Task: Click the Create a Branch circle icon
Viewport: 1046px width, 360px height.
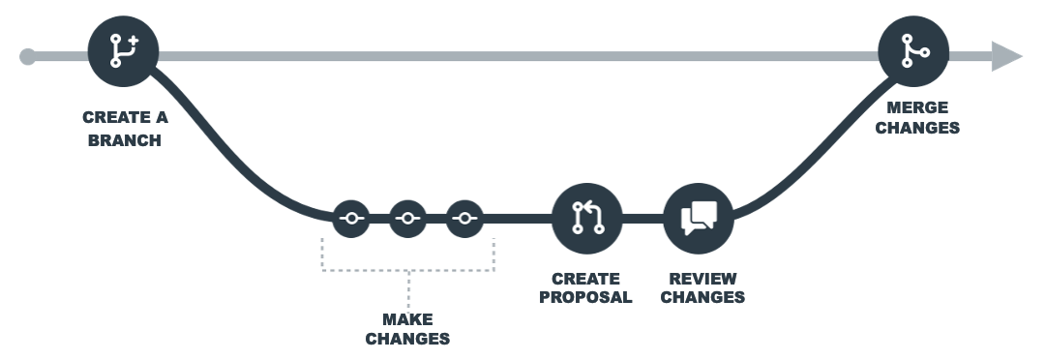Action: point(123,50)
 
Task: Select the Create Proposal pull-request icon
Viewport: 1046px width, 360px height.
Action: point(587,218)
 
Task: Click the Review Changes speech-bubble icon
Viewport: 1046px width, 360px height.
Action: point(699,218)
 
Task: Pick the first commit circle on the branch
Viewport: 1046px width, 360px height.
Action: point(351,219)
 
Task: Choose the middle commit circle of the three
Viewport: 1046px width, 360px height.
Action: point(408,219)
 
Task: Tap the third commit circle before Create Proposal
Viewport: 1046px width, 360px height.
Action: point(465,219)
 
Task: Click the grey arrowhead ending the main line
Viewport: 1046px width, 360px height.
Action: point(1007,56)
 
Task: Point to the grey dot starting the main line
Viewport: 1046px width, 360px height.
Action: point(28,56)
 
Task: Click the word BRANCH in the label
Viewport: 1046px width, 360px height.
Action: point(124,140)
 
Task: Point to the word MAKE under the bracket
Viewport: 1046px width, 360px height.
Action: point(407,319)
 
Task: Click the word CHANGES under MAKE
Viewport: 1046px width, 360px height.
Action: point(407,339)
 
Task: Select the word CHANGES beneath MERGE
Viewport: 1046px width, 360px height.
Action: point(917,127)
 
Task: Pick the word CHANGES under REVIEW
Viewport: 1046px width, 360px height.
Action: point(702,297)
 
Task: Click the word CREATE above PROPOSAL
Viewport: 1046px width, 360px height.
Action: point(585,279)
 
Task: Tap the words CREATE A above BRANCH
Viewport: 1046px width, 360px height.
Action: point(124,118)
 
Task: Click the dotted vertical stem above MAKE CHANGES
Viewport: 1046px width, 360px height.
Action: point(407,288)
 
